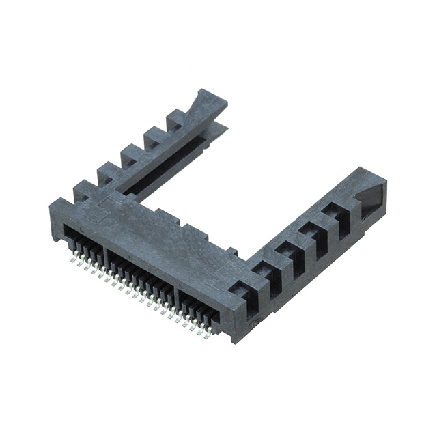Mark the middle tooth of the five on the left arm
tap(130, 154)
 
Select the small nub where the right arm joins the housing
tap(231, 252)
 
